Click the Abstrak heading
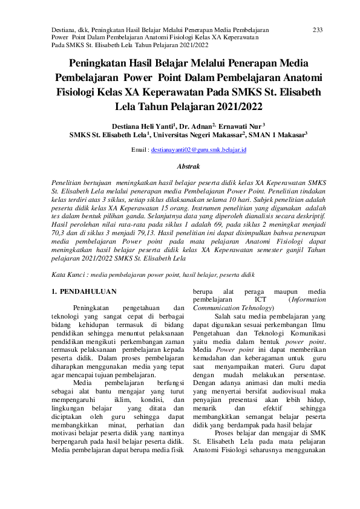pyautogui.click(x=188, y=165)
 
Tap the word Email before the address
pyautogui.click(x=139, y=149)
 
